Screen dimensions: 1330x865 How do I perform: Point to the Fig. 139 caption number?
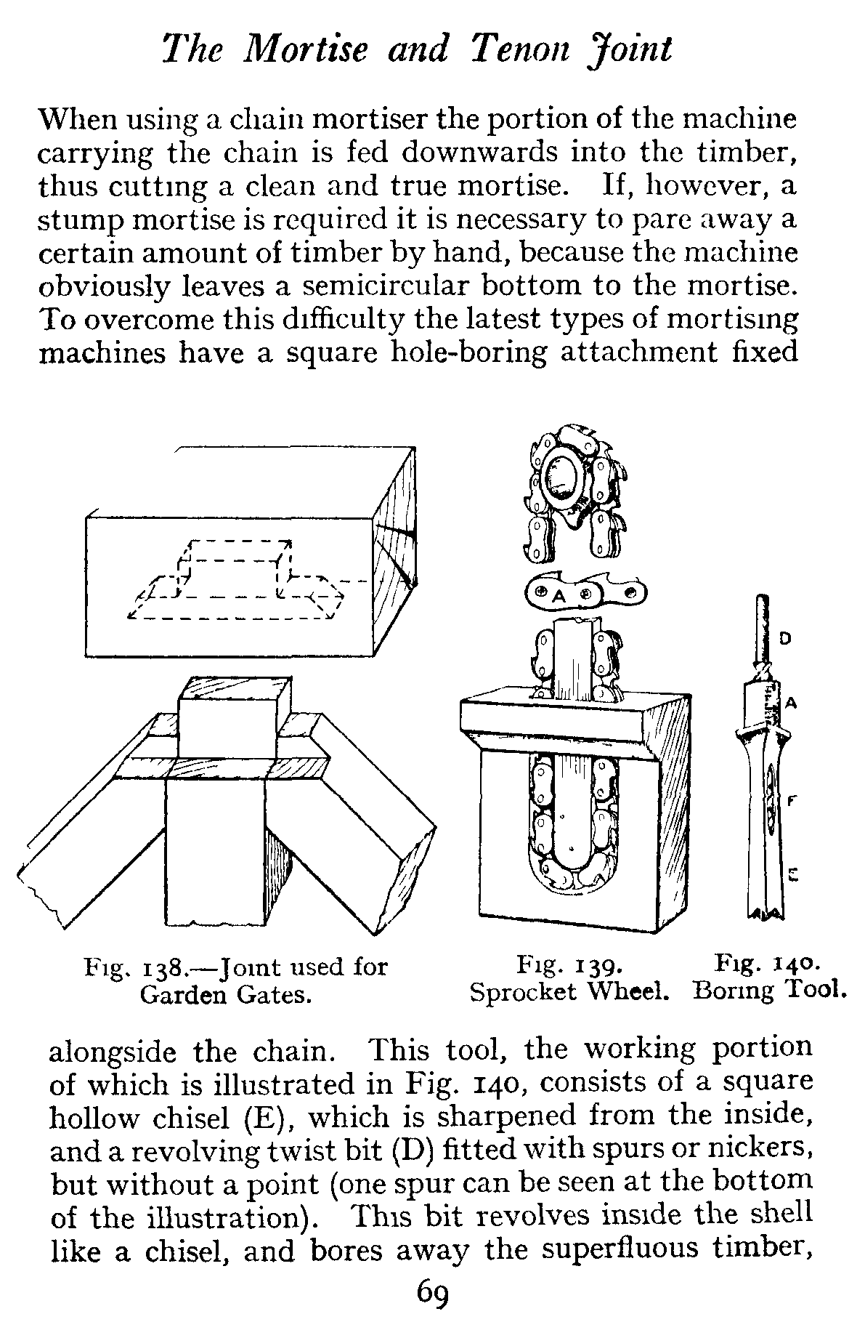click(x=597, y=967)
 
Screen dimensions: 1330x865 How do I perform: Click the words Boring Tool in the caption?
click(x=770, y=991)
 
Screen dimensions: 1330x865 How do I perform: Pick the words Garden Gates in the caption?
click(x=225, y=994)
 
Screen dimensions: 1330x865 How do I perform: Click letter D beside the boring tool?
click(x=785, y=638)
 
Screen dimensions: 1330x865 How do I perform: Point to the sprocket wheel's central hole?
click(x=563, y=477)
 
